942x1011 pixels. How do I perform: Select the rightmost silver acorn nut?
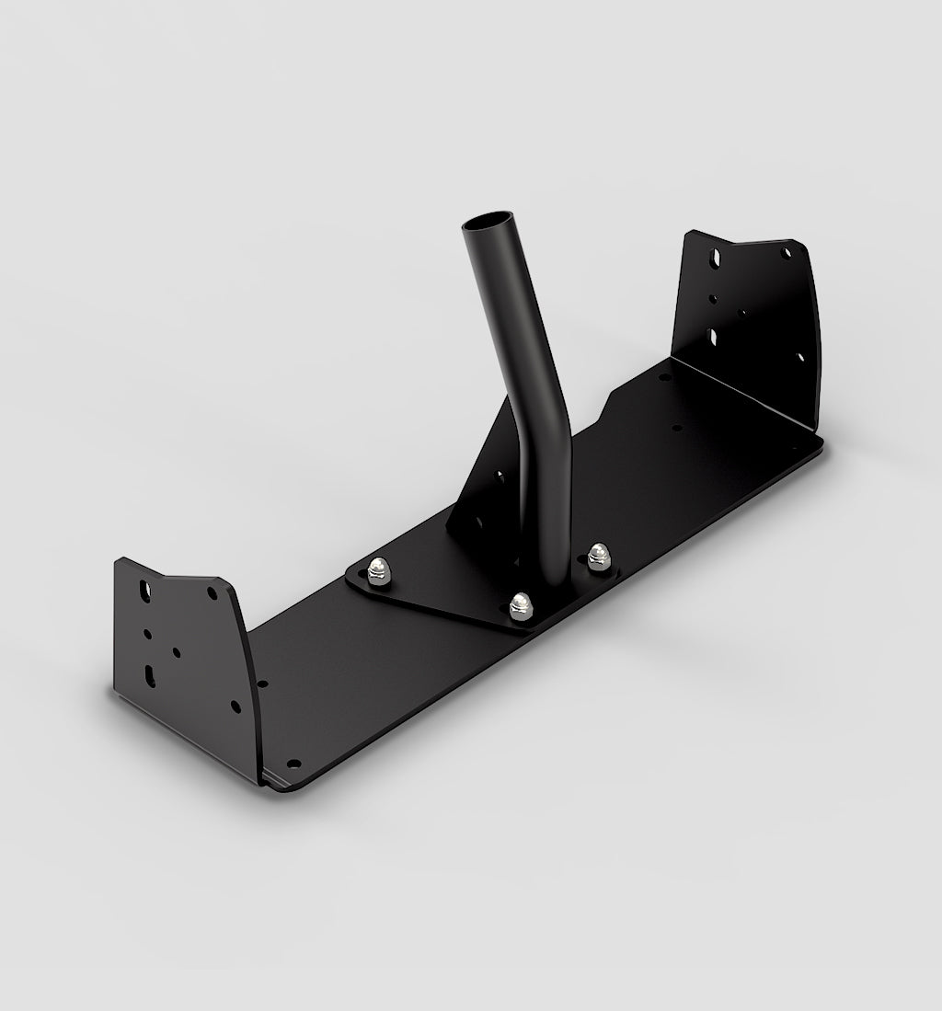click(599, 554)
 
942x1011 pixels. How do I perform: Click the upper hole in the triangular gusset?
click(500, 477)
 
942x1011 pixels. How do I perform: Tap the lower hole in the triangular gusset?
click(478, 521)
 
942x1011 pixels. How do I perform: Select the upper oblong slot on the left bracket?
click(144, 587)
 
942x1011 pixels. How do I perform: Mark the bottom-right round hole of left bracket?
click(235, 706)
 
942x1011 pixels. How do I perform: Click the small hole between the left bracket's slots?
click(147, 633)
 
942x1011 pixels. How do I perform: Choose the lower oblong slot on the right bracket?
click(714, 337)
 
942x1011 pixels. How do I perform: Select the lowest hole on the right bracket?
click(799, 357)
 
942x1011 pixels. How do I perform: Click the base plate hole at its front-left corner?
click(293, 763)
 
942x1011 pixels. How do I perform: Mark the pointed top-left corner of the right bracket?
click(692, 233)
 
